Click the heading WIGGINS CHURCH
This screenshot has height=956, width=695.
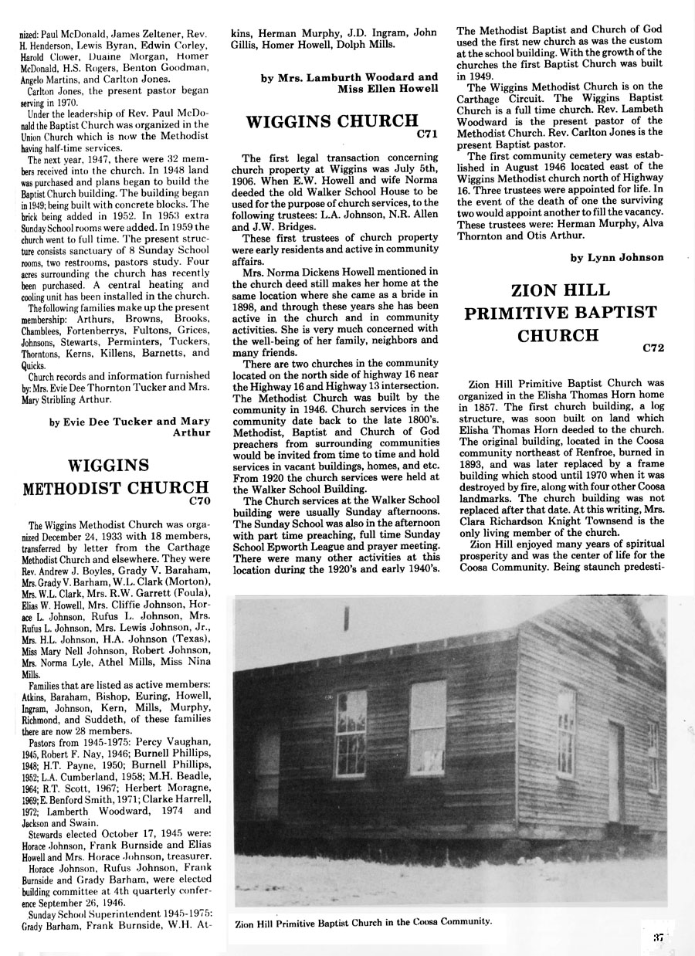pos(331,122)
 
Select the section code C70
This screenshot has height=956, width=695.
pos(199,500)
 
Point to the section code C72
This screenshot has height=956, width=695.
pos(653,348)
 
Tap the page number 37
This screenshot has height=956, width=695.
pos(658,938)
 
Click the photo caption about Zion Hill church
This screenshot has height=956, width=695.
pos(363,921)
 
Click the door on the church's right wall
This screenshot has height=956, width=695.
pos(615,772)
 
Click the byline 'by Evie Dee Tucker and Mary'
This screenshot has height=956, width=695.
pos(129,421)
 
